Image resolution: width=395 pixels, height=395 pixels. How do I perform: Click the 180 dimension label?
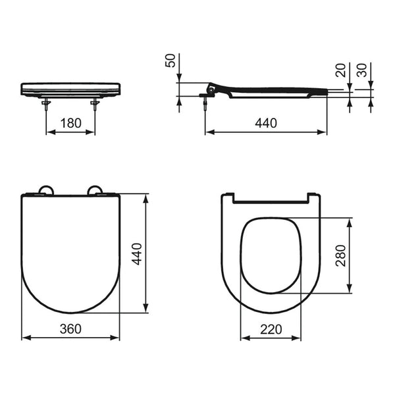(71, 123)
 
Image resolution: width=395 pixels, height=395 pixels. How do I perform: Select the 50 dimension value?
(171, 61)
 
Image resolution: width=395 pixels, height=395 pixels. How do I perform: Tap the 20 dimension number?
(341, 70)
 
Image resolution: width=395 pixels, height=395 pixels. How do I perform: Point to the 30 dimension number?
(362, 70)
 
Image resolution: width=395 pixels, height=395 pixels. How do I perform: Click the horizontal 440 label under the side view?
(266, 123)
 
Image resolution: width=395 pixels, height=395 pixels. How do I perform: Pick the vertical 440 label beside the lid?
(137, 254)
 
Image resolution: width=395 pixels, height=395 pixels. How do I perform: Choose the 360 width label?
(70, 329)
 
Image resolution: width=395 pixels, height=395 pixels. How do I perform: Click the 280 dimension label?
(340, 255)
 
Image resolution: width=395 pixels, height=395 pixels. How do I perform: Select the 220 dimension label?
(271, 329)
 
